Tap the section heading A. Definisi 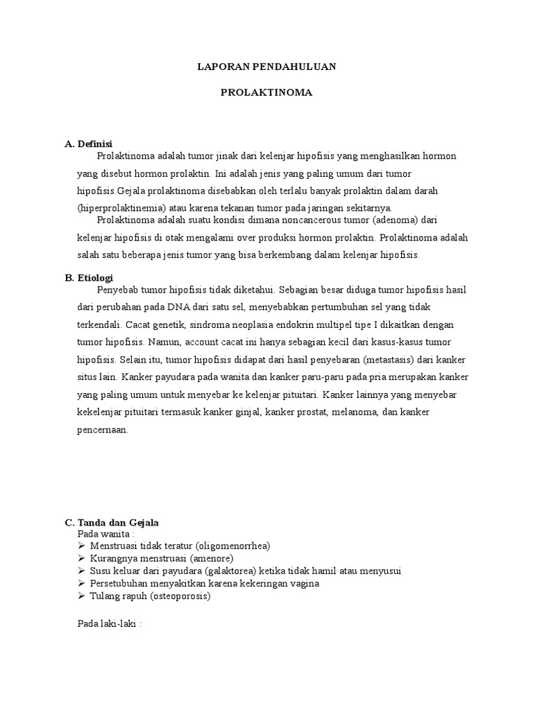(88, 144)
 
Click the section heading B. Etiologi (89, 277)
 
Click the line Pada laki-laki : (109, 623)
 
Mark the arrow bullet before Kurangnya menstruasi (82, 558)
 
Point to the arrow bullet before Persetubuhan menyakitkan (82, 583)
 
